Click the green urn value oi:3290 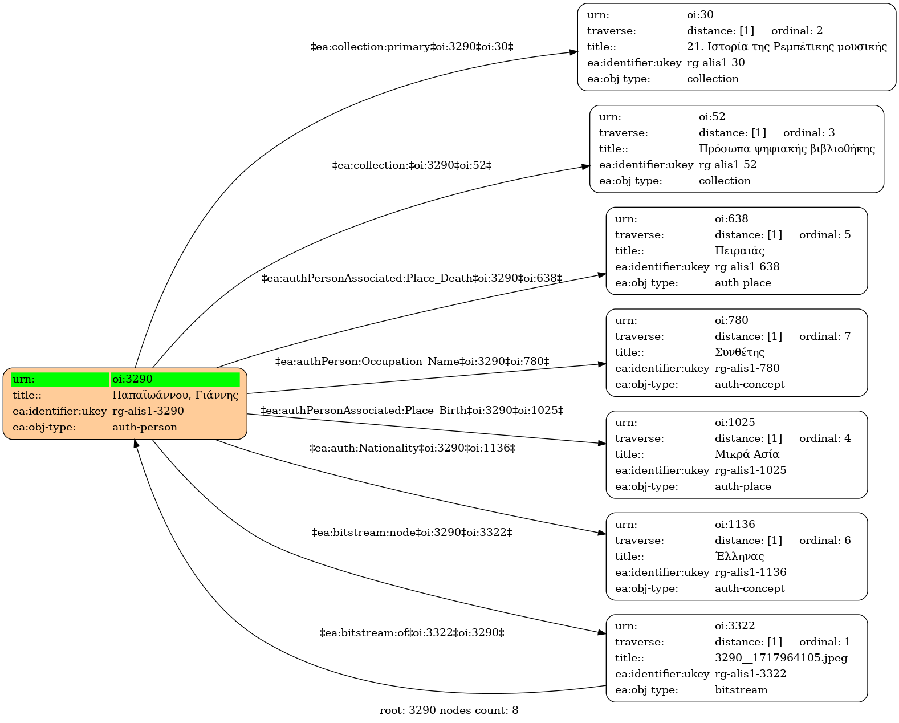pos(132,379)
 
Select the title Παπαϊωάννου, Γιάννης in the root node pos(176,395)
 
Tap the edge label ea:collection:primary pos(412,46)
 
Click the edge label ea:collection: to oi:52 pos(412,165)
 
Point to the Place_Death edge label pos(412,278)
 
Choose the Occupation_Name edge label pos(412,361)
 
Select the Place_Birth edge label pos(412,411)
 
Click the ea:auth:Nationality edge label pos(412,448)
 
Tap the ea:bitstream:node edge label pos(412,533)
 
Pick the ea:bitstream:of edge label pos(412,633)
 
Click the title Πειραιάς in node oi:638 pos(739,251)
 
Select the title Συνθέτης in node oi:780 pos(739,352)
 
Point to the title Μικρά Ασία pos(747,454)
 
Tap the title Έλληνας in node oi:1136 pos(739,556)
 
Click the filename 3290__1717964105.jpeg pos(781,658)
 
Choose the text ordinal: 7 pos(825,336)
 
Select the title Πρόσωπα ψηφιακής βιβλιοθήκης pos(787,148)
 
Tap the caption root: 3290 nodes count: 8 pos(449,710)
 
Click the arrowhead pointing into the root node pos(136,444)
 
